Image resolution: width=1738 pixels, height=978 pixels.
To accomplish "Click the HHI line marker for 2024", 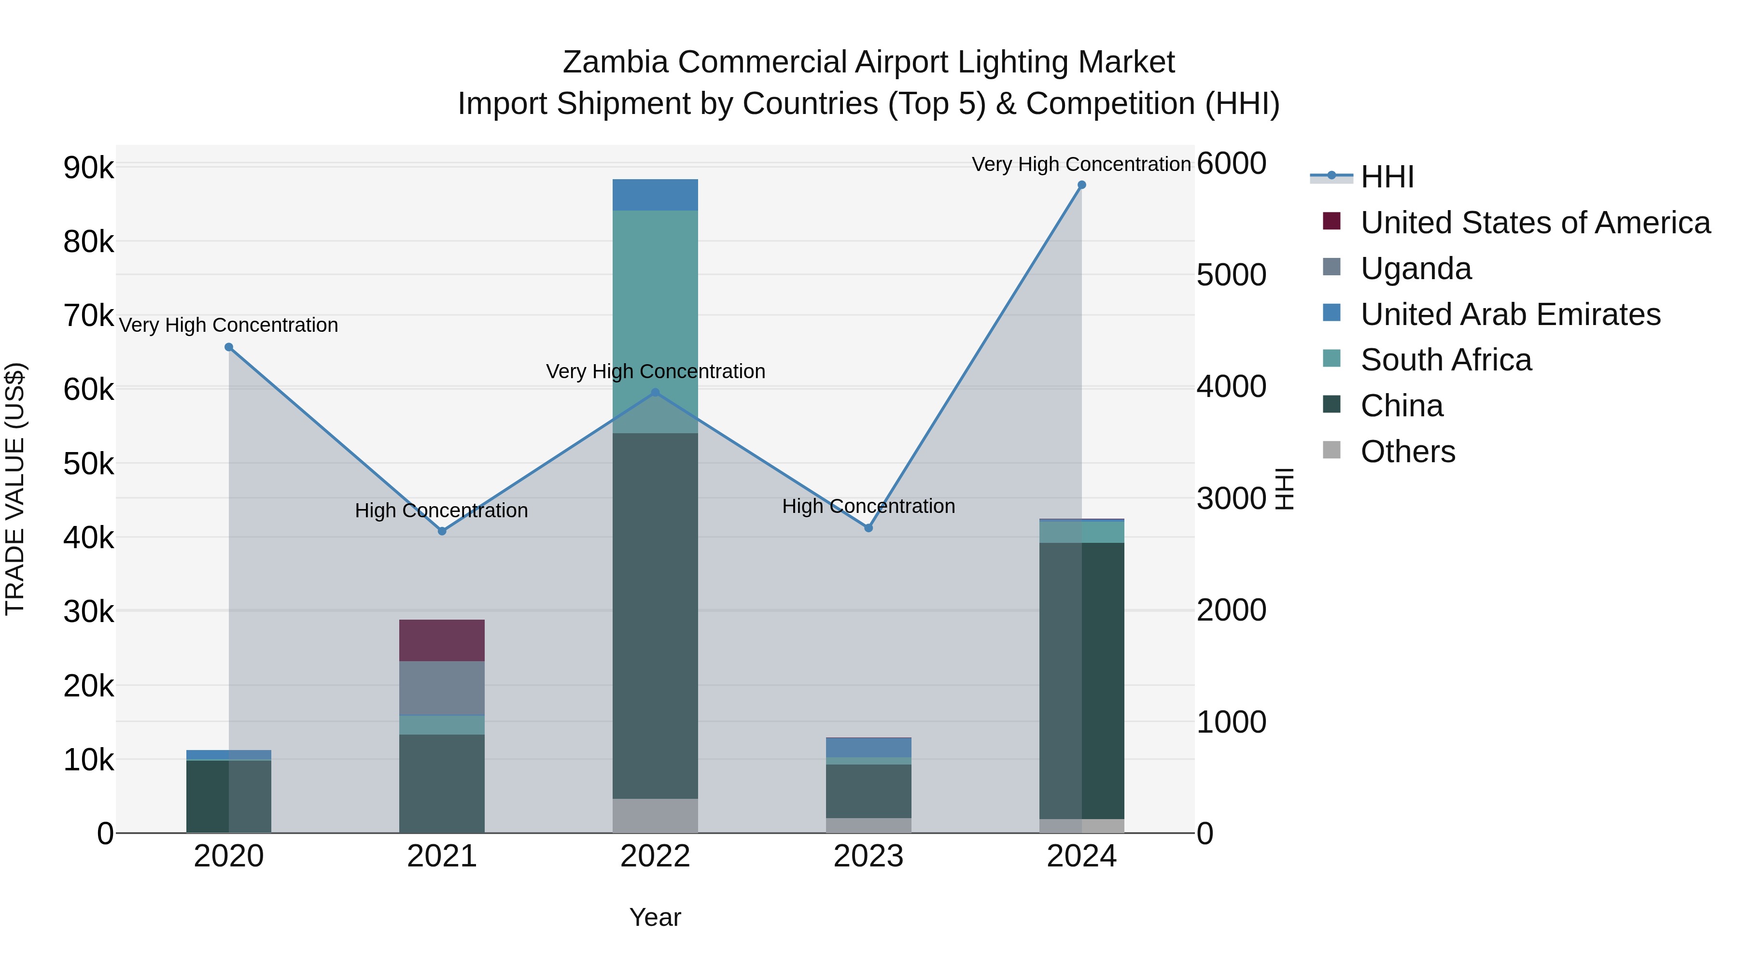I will point(1081,185).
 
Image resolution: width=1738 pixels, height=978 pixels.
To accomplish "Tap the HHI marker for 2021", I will point(442,531).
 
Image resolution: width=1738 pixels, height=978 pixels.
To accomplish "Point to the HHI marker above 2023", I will point(869,528).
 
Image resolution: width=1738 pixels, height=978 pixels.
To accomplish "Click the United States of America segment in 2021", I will point(442,640).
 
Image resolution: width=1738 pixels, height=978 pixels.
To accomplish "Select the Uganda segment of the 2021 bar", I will point(442,688).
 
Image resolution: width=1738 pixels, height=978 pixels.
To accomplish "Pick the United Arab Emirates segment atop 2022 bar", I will point(655,195).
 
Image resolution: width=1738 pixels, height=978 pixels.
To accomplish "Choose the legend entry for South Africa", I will point(1446,360).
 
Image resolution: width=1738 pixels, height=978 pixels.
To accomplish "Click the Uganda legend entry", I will point(1416,269).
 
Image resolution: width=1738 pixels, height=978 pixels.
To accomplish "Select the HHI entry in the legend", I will point(1387,177).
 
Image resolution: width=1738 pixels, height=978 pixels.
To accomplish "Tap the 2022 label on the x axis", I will point(655,856).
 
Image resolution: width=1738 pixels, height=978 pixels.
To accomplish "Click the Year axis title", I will point(655,917).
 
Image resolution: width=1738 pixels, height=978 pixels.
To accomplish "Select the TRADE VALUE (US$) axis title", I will point(15,489).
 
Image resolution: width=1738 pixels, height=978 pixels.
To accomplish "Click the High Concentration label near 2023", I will point(869,506).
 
